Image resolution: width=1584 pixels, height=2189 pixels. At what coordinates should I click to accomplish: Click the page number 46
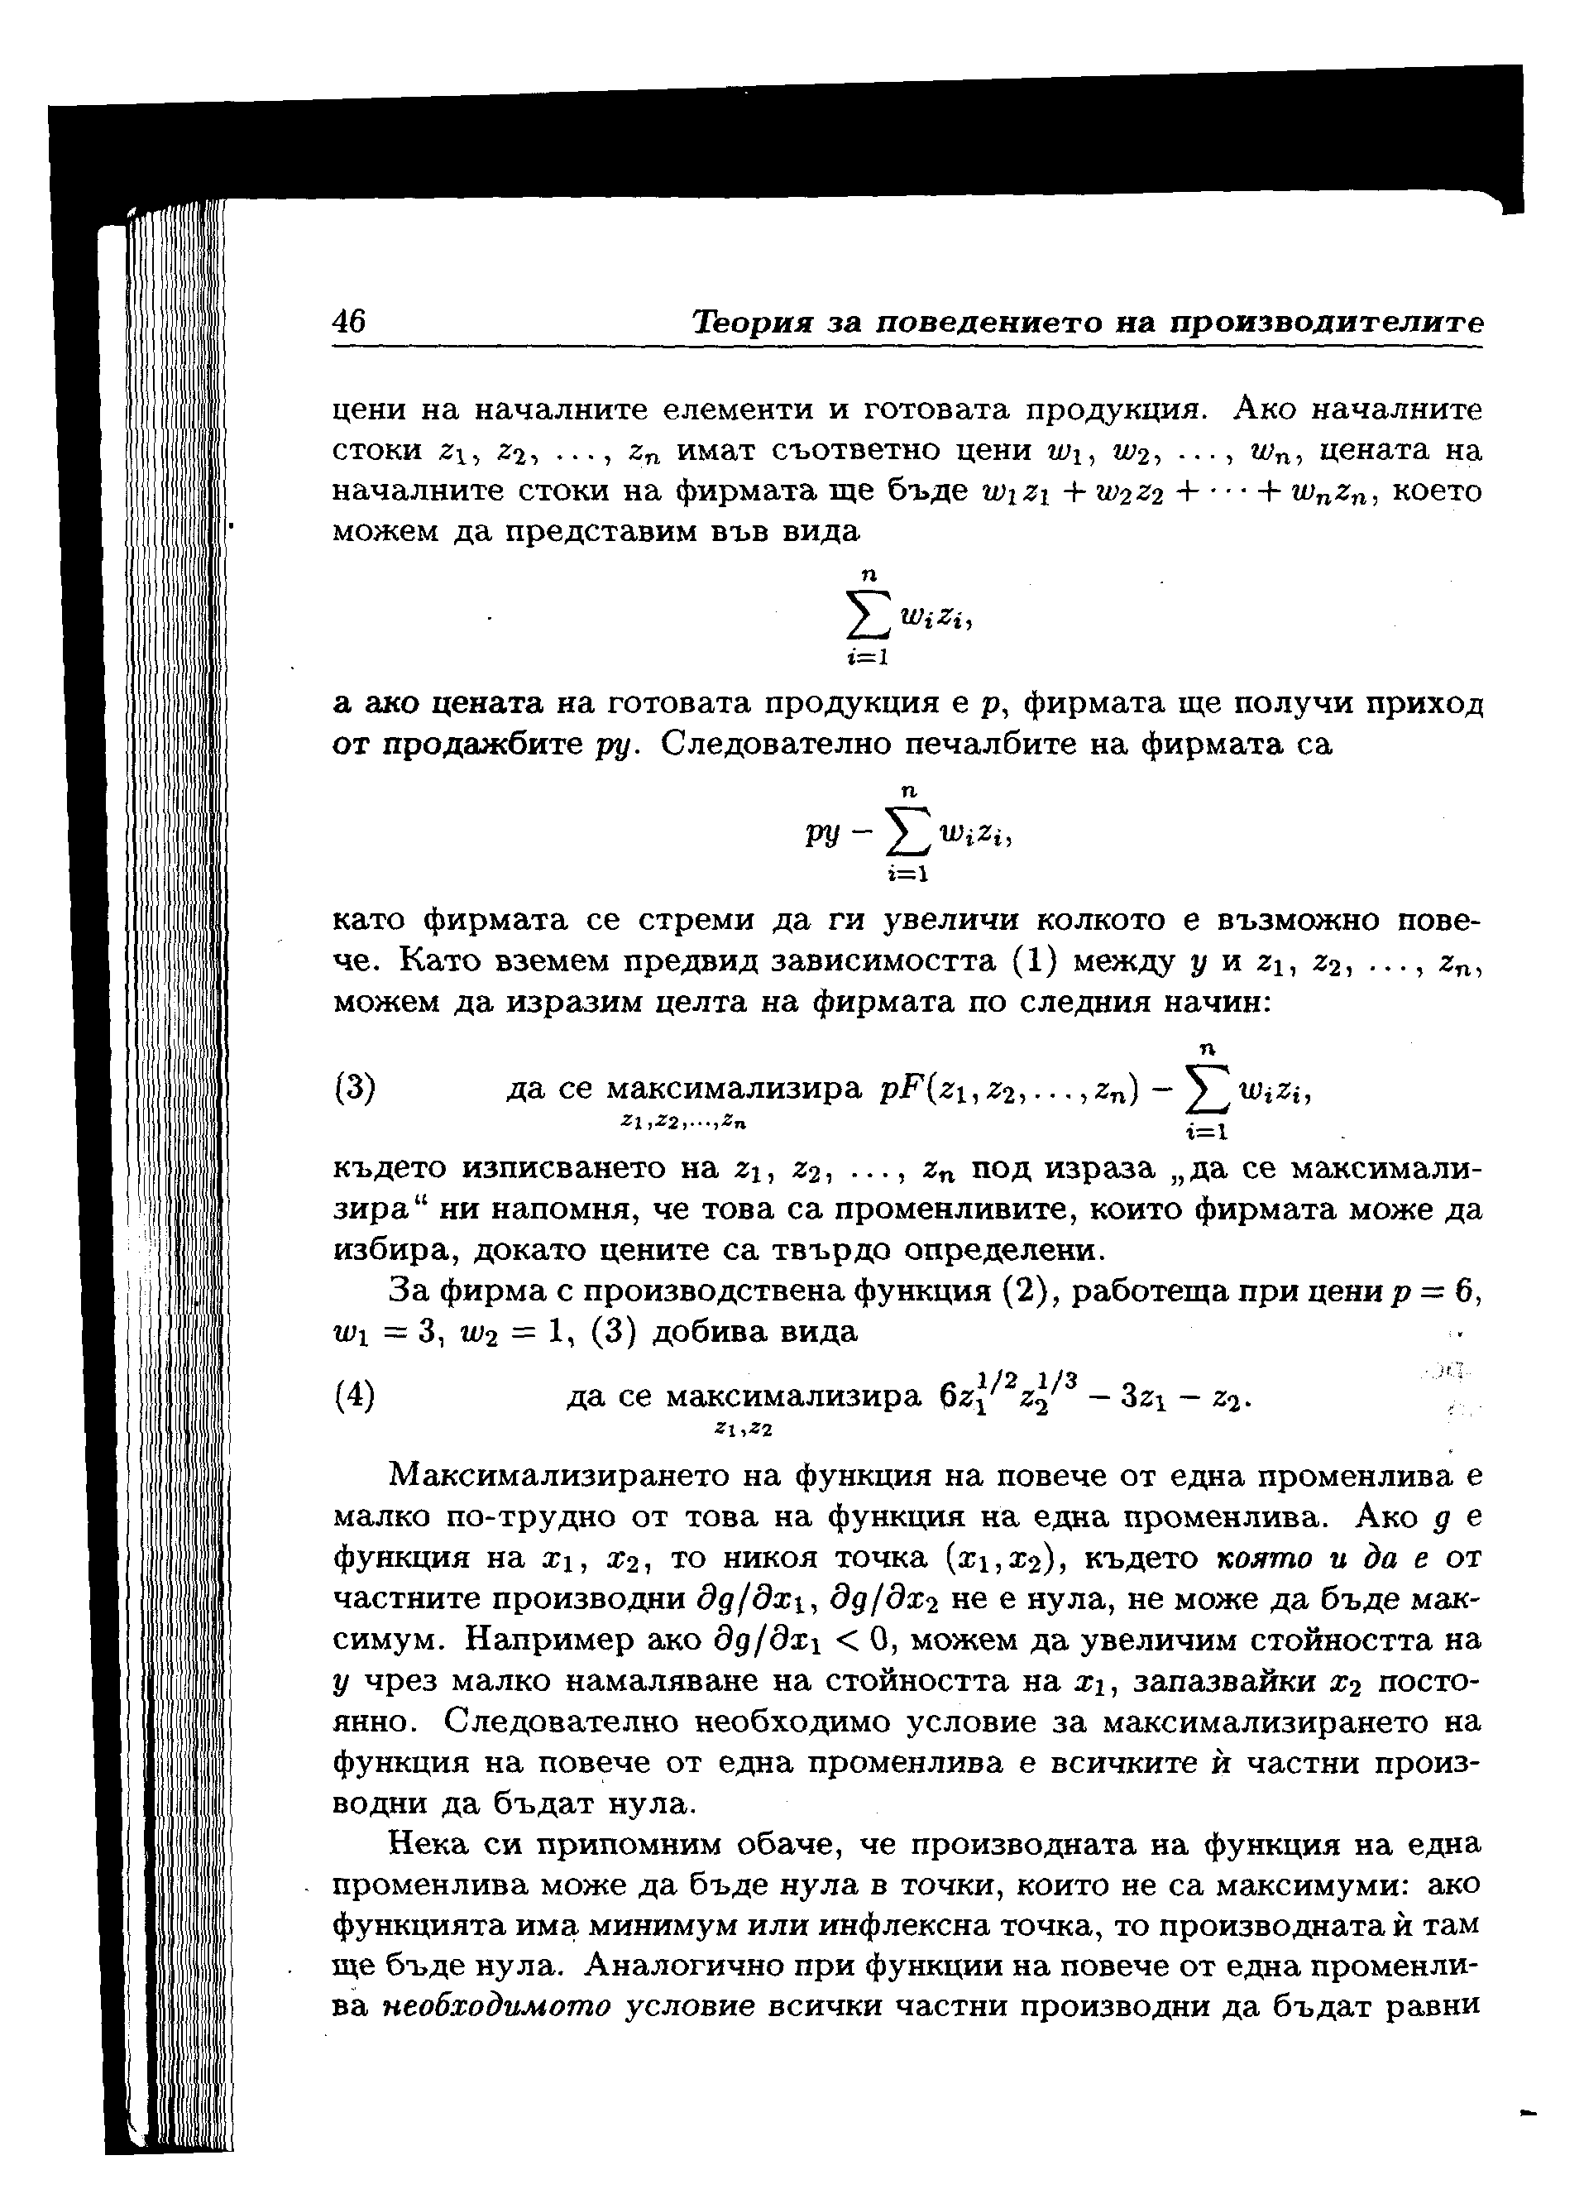click(348, 320)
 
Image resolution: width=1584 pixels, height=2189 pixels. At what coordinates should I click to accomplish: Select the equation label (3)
click(354, 1088)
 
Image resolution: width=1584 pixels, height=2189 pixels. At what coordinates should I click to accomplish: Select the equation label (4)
click(354, 1396)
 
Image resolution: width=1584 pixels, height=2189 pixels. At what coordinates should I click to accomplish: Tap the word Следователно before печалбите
click(773, 745)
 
